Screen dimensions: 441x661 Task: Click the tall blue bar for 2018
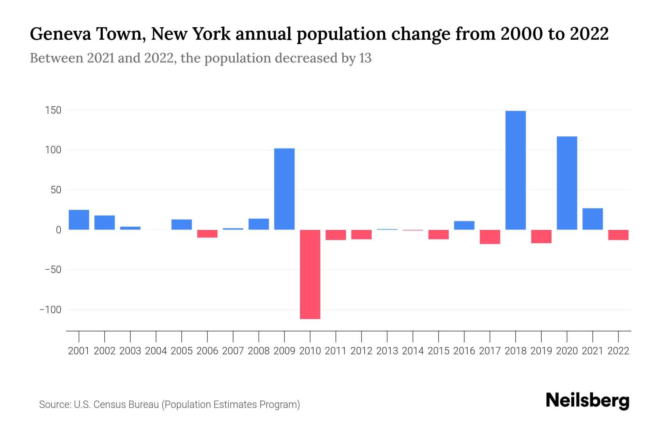coord(516,170)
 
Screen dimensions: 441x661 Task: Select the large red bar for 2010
coord(310,274)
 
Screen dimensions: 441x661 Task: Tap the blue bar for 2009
coord(284,189)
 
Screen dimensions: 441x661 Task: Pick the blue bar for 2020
coord(567,183)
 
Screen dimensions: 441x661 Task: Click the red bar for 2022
coord(618,235)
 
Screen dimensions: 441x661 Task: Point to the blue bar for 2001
coord(79,220)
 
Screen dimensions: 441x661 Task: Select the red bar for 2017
coord(490,237)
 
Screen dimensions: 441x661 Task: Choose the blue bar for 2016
coord(464,225)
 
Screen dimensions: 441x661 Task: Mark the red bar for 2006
coord(207,234)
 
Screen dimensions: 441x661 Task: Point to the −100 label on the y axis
coord(50,310)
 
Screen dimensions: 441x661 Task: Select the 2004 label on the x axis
coord(156,351)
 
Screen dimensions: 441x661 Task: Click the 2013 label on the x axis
coord(387,351)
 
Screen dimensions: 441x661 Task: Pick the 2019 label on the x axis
coord(541,351)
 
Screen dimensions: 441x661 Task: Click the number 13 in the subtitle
coord(365,58)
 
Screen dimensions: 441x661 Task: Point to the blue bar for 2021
coord(592,219)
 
